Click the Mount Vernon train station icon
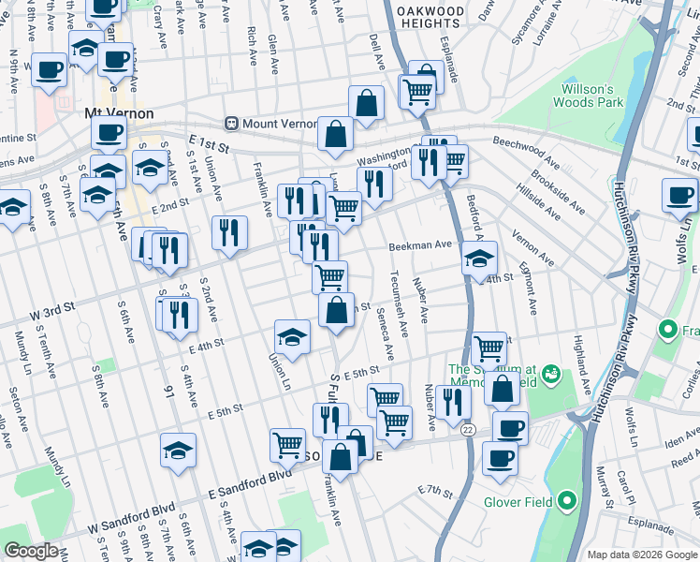231,124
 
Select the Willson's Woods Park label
591,96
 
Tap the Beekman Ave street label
420,245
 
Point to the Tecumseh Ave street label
399,305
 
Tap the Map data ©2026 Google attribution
640,555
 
